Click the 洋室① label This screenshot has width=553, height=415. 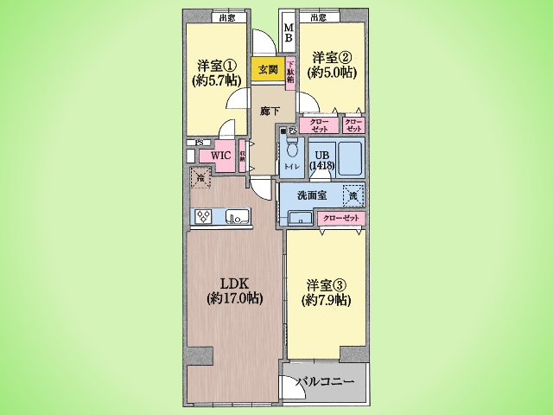pos(217,66)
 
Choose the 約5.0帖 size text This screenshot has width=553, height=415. pos(332,73)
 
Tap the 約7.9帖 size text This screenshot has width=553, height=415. pos(327,300)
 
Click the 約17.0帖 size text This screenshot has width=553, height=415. pos(234,298)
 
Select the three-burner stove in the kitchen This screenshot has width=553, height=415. pos(204,217)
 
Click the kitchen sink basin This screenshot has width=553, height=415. pos(234,217)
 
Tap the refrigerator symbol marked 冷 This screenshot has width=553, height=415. pos(200,179)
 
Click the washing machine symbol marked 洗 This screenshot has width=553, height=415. pos(353,196)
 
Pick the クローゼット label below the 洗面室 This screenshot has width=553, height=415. pos(341,219)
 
